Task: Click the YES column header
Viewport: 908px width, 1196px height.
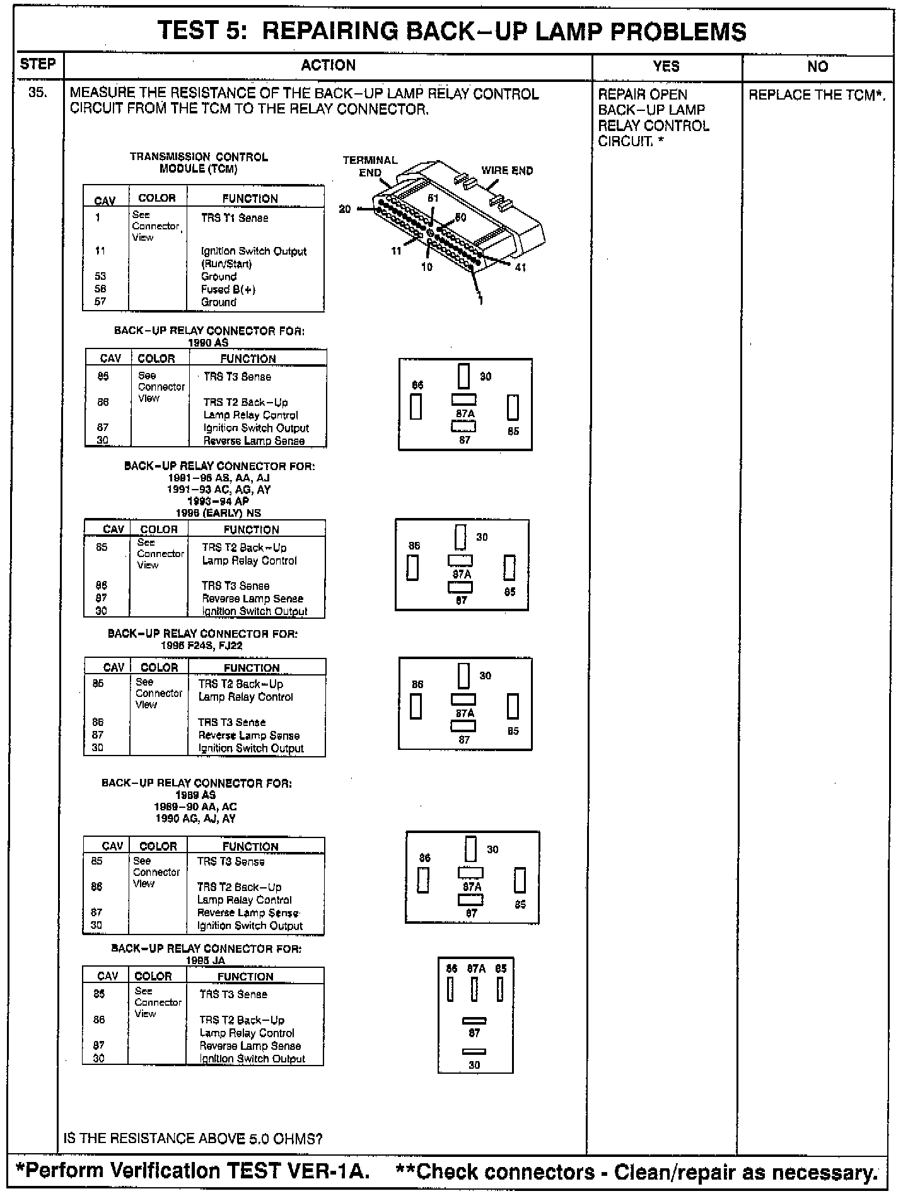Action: click(666, 66)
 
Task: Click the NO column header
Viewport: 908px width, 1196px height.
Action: click(817, 66)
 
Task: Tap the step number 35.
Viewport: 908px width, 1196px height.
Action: click(37, 93)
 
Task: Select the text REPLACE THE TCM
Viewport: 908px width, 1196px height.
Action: click(817, 95)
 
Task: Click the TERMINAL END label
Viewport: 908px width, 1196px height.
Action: click(370, 166)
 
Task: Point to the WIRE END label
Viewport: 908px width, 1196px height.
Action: click(507, 170)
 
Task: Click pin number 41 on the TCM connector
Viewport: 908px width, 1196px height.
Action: click(521, 267)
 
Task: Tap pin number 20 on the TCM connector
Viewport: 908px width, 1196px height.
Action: click(344, 209)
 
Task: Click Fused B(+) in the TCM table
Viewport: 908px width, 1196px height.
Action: click(228, 289)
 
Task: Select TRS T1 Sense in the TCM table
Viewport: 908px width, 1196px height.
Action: click(235, 218)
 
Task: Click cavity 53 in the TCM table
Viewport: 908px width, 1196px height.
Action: click(100, 276)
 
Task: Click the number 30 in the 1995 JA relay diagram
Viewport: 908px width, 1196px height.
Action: click(474, 1064)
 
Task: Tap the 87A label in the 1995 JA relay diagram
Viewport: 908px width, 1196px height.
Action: click(476, 969)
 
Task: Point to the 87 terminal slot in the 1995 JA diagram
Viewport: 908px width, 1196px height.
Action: click(474, 1020)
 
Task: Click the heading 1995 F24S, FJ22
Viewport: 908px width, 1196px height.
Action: click(202, 645)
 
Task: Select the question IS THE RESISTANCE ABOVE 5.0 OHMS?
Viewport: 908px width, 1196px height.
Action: click(193, 1139)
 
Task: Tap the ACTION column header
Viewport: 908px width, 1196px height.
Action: click(328, 66)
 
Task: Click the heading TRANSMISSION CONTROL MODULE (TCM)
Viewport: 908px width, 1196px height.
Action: click(199, 163)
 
